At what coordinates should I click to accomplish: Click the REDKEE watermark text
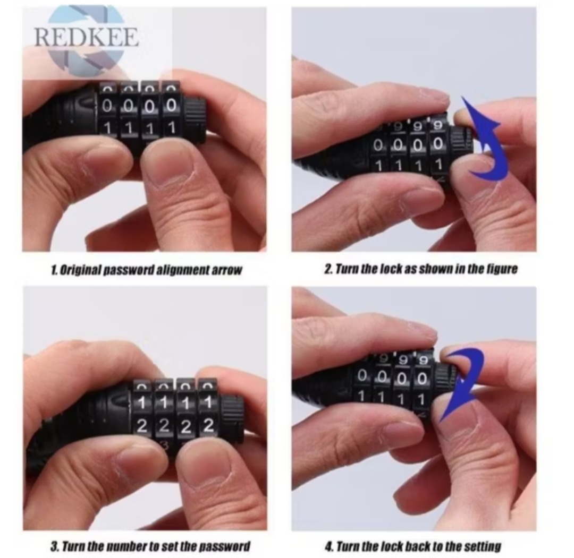(x=87, y=37)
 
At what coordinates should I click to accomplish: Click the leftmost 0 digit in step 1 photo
(x=107, y=106)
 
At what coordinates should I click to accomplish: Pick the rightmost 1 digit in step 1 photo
(x=172, y=128)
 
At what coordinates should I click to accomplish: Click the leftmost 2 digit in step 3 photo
(x=142, y=426)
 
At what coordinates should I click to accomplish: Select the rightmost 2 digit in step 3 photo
(x=208, y=426)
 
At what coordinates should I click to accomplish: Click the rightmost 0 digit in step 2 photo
(x=437, y=145)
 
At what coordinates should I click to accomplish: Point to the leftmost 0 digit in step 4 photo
(x=362, y=375)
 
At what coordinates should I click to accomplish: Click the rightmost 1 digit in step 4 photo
(x=421, y=399)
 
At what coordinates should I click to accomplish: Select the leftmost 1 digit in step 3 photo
(x=142, y=403)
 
